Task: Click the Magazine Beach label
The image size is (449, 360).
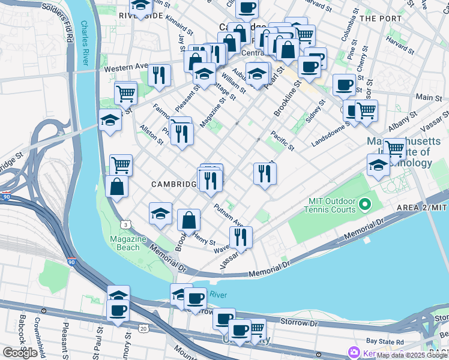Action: click(x=128, y=242)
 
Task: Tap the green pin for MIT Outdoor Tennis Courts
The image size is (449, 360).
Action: click(x=363, y=206)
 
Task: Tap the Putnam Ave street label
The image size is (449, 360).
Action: click(x=229, y=213)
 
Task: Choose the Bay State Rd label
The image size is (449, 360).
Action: click(x=401, y=341)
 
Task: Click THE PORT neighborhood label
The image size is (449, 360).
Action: click(x=381, y=19)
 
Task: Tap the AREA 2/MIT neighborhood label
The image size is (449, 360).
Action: click(x=422, y=207)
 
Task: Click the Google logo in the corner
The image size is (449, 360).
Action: click(x=20, y=353)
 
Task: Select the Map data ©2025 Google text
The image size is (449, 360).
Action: click(x=412, y=355)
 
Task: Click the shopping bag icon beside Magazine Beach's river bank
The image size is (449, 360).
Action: click(x=116, y=186)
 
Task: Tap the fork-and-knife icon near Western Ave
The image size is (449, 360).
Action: click(x=159, y=75)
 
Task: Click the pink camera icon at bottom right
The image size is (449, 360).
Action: click(x=354, y=352)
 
